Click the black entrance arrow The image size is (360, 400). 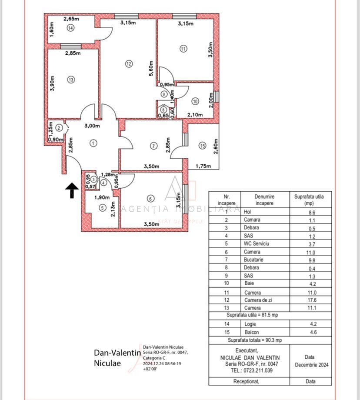[x=72, y=190]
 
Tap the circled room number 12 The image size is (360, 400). [x=129, y=64]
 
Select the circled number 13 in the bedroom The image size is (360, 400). [x=71, y=80]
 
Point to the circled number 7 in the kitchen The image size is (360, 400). [x=153, y=146]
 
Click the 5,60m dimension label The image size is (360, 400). [x=151, y=68]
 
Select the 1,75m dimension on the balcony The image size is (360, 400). [x=203, y=166]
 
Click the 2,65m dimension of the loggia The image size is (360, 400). [x=71, y=19]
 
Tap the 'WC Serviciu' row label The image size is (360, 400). [x=257, y=243]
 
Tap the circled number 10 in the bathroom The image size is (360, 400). [x=195, y=101]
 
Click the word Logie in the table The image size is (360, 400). [x=250, y=324]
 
